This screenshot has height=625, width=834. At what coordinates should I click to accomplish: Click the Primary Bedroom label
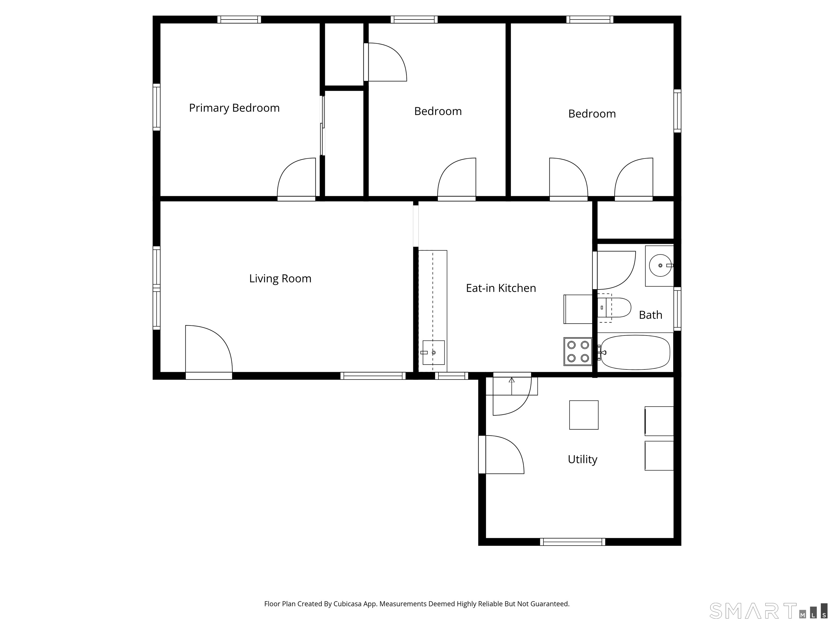234,108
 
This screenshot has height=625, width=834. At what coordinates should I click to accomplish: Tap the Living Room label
280,279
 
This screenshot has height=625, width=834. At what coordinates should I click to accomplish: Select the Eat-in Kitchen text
501,288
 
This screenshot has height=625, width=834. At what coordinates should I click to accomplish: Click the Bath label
650,315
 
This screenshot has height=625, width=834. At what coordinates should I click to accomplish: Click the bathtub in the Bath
635,353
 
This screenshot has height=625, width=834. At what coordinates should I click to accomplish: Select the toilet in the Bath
615,307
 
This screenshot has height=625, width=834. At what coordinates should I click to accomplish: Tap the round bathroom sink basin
660,265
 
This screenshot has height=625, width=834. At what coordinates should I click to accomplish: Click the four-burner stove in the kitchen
578,352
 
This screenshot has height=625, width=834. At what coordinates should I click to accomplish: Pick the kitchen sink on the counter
433,353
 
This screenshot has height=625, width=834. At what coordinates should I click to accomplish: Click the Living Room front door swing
208,350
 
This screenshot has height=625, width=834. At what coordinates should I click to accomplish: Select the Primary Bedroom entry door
296,179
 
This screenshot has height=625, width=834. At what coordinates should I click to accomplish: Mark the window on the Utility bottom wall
572,542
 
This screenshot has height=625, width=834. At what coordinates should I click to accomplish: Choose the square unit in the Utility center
584,415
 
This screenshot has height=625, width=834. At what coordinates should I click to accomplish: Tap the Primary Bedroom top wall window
239,20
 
